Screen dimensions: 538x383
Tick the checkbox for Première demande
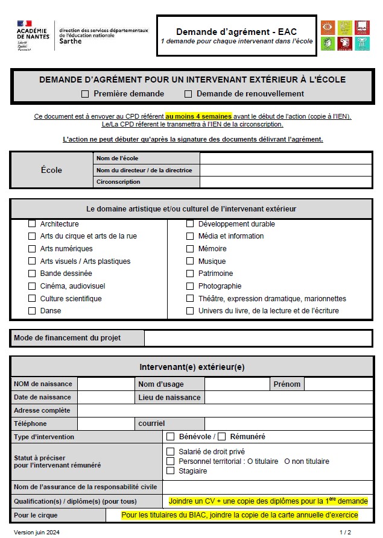pyautogui.click(x=85, y=94)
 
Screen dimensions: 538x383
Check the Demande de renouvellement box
pyautogui.click(x=188, y=94)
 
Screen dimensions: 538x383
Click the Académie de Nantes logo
pyautogui.click(x=33, y=36)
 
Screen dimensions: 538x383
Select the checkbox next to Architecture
pyautogui.click(x=32, y=224)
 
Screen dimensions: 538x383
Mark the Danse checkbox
pyautogui.click(x=32, y=311)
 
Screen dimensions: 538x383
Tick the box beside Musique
pyautogui.click(x=190, y=261)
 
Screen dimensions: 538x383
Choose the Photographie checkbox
pyautogui.click(x=190, y=286)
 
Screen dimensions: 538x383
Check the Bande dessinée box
pyautogui.click(x=32, y=274)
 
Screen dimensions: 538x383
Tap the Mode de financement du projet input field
pyautogui.click(x=258, y=338)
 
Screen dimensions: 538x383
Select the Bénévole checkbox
pyautogui.click(x=171, y=437)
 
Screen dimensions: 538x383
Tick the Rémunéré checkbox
pyautogui.click(x=221, y=437)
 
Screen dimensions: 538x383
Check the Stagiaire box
pyautogui.click(x=171, y=471)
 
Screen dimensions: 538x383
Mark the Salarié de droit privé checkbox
pyautogui.click(x=171, y=451)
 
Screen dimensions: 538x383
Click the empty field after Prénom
pyautogui.click(x=338, y=384)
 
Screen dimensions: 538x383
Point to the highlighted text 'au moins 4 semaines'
pyautogui.click(x=198, y=116)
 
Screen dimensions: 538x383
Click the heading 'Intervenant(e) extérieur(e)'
pyautogui.click(x=192, y=367)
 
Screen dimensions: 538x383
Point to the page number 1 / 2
pyautogui.click(x=345, y=533)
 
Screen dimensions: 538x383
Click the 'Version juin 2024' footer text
pyautogui.click(x=37, y=533)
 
